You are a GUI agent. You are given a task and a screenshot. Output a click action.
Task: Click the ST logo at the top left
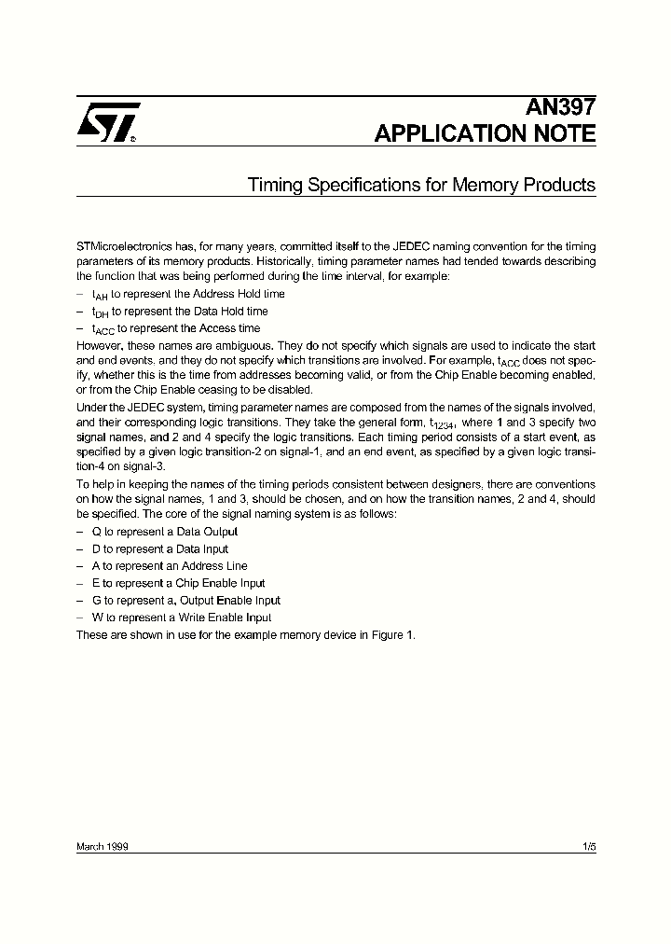107,121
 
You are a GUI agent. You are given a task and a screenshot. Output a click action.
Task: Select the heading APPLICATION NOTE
485,133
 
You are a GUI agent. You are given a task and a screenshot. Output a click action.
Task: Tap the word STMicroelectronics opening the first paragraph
123,243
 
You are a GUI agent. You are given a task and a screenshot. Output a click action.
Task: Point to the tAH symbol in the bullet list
100,295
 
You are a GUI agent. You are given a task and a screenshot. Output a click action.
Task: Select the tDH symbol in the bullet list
101,312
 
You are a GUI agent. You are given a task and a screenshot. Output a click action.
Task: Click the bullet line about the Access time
175,328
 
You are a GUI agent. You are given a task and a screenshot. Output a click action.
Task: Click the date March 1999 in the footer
102,847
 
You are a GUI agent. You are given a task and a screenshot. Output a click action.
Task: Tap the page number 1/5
588,847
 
